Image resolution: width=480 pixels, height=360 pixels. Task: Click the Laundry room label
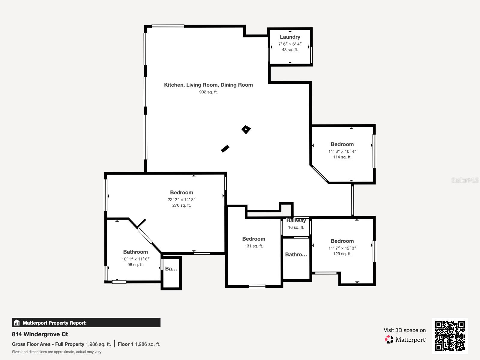290,37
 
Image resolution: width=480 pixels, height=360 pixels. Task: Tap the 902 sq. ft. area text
208,92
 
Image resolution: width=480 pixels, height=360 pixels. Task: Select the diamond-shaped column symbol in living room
246,130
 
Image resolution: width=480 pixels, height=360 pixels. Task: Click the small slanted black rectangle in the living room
225,149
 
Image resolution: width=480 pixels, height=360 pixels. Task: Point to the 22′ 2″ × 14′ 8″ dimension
181,199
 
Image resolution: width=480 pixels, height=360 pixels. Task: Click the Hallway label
296,220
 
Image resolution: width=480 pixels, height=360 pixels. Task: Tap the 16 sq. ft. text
296,227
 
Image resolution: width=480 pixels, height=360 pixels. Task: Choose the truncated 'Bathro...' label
296,254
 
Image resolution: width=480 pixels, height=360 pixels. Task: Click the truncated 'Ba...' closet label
171,268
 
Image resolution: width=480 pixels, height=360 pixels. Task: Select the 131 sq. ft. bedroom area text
254,246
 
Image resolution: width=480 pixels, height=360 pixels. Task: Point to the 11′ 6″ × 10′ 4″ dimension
342,151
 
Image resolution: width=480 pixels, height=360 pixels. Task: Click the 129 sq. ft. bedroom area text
342,254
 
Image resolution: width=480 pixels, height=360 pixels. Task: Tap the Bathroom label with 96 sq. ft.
135,252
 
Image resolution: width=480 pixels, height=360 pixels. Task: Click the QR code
450,336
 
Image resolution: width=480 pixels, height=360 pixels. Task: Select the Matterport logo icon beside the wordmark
389,340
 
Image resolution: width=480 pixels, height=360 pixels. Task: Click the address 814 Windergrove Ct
40,334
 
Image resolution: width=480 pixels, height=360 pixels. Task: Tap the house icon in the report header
17,323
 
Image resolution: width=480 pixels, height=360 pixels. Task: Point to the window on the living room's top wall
168,26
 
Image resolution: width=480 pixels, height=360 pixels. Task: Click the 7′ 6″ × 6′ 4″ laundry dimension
290,44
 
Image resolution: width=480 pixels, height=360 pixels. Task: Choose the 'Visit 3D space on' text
404,330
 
